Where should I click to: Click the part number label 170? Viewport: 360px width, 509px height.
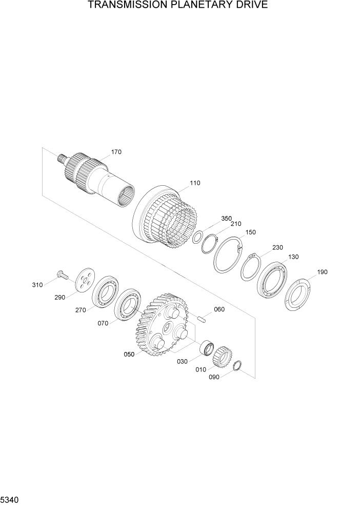(x=116, y=152)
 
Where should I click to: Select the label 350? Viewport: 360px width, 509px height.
(x=227, y=218)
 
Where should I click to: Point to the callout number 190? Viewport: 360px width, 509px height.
(x=322, y=272)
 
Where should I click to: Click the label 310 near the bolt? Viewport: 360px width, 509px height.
(x=37, y=285)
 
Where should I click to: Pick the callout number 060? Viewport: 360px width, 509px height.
(x=219, y=309)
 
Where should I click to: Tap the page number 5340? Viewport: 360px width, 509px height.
(x=11, y=499)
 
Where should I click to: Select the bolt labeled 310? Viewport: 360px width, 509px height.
(x=63, y=276)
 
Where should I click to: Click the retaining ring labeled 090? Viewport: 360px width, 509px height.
(x=237, y=367)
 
